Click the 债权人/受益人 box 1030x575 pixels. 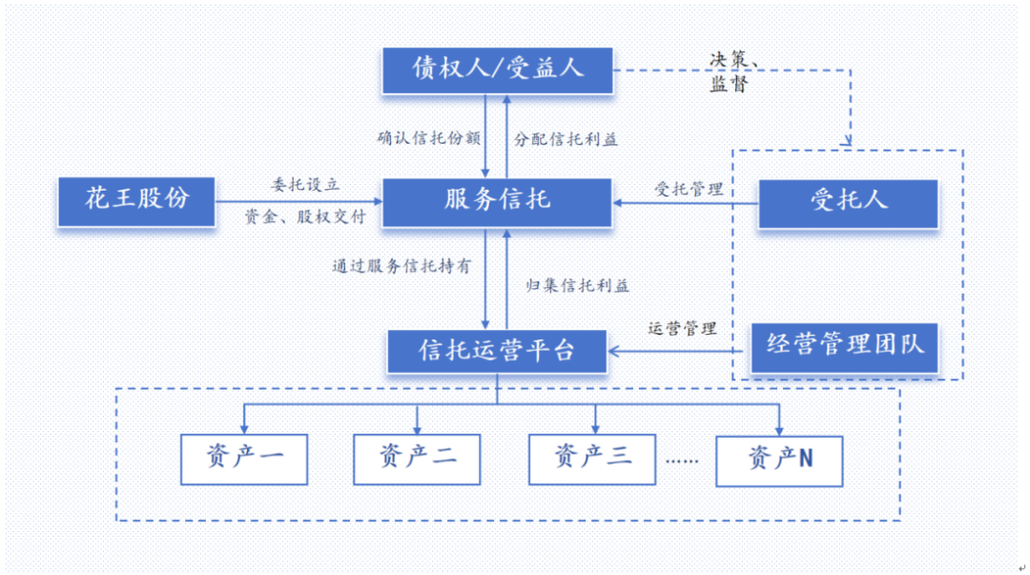[497, 69]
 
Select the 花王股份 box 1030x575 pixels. [136, 200]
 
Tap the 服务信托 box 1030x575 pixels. [497, 200]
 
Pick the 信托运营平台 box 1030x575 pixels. [497, 351]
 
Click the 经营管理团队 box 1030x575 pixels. [845, 346]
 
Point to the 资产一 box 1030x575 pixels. [245, 460]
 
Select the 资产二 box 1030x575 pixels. [417, 460]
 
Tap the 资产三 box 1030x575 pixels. [593, 460]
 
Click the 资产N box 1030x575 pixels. [780, 461]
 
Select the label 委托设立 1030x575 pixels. [305, 184]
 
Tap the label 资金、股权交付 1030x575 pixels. [305, 217]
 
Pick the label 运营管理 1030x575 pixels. [682, 329]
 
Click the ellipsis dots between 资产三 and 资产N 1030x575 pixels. [682, 461]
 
